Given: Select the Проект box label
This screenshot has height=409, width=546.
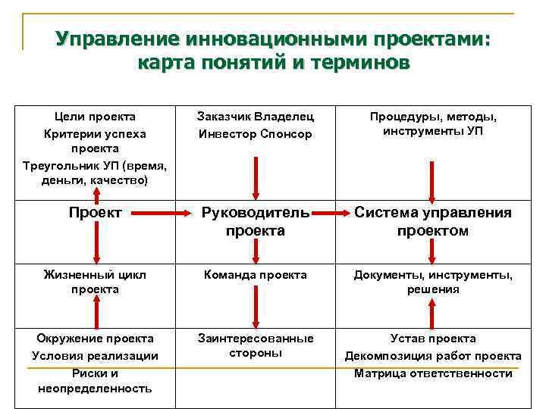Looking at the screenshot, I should [x=96, y=213].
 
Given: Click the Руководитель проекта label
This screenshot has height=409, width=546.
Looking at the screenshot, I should [x=255, y=222].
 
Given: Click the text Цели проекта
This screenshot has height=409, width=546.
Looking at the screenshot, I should [x=96, y=117].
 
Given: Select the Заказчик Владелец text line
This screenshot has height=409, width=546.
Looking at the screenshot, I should [x=255, y=117].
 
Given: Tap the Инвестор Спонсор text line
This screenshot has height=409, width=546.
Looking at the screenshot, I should [x=255, y=134].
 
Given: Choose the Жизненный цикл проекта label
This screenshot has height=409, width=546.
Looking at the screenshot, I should [x=96, y=282].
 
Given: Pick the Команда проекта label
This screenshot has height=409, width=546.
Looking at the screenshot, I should [x=255, y=275].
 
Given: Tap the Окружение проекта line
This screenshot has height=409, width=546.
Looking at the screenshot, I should [x=96, y=339].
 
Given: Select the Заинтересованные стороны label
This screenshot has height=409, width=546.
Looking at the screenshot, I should [x=255, y=345].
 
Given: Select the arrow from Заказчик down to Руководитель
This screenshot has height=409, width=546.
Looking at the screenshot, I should [x=255, y=176].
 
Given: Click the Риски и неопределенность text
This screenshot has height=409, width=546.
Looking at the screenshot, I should [x=96, y=381].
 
